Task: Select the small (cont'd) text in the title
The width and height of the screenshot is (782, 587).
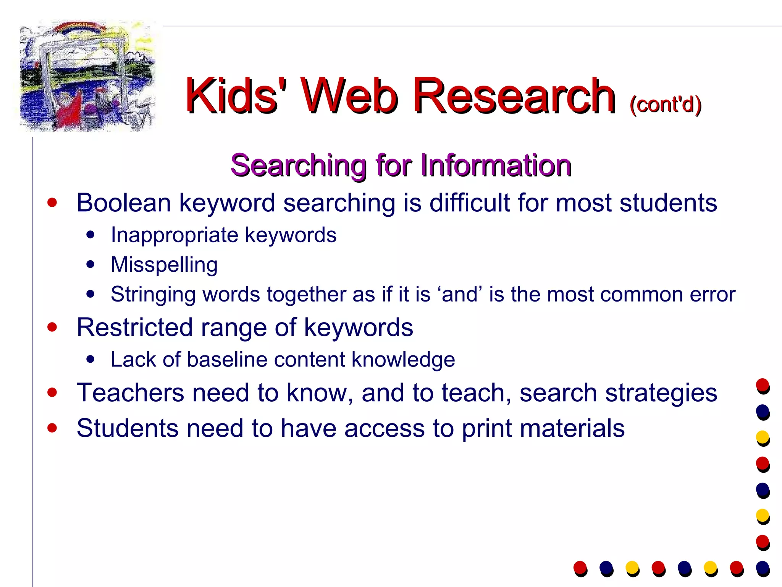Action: (x=666, y=104)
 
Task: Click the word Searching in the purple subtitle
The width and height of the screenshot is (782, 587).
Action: (x=298, y=166)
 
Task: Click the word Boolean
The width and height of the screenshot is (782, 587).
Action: (x=123, y=203)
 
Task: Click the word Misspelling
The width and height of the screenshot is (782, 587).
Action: (x=164, y=265)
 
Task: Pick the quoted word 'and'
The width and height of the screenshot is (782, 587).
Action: (x=460, y=295)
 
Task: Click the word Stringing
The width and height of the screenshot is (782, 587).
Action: (x=153, y=295)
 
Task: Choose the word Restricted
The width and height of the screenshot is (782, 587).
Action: (x=134, y=328)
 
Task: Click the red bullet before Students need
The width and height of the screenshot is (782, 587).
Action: (x=52, y=428)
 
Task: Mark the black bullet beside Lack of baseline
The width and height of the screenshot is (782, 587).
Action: (x=90, y=359)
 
